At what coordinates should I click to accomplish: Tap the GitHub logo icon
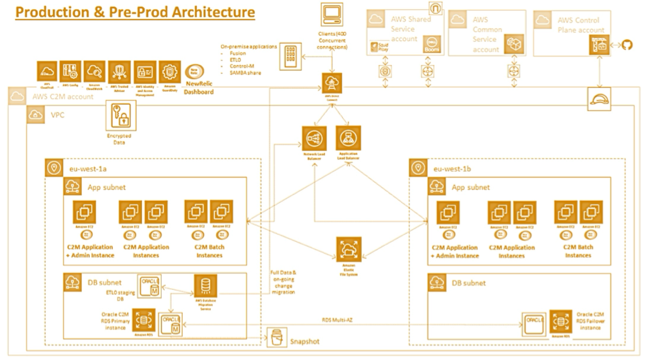(627, 46)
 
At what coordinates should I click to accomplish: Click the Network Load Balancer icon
(313, 139)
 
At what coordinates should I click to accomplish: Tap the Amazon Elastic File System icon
(348, 251)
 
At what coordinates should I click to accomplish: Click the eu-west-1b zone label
(451, 169)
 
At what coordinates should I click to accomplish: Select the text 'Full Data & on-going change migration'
(282, 282)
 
